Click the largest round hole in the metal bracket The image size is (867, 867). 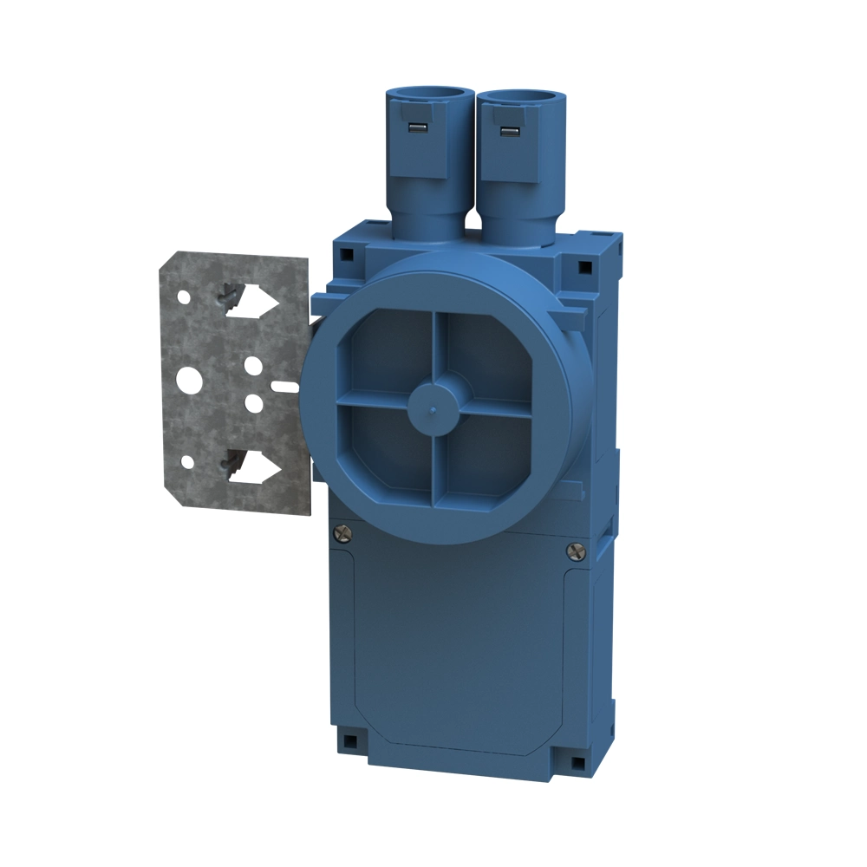click(x=189, y=380)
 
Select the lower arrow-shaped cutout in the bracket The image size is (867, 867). click(x=257, y=468)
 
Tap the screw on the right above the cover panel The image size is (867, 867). click(x=573, y=550)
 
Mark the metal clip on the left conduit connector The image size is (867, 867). click(x=418, y=129)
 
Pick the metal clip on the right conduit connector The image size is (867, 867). click(x=507, y=132)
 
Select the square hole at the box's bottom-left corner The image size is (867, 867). click(x=350, y=740)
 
